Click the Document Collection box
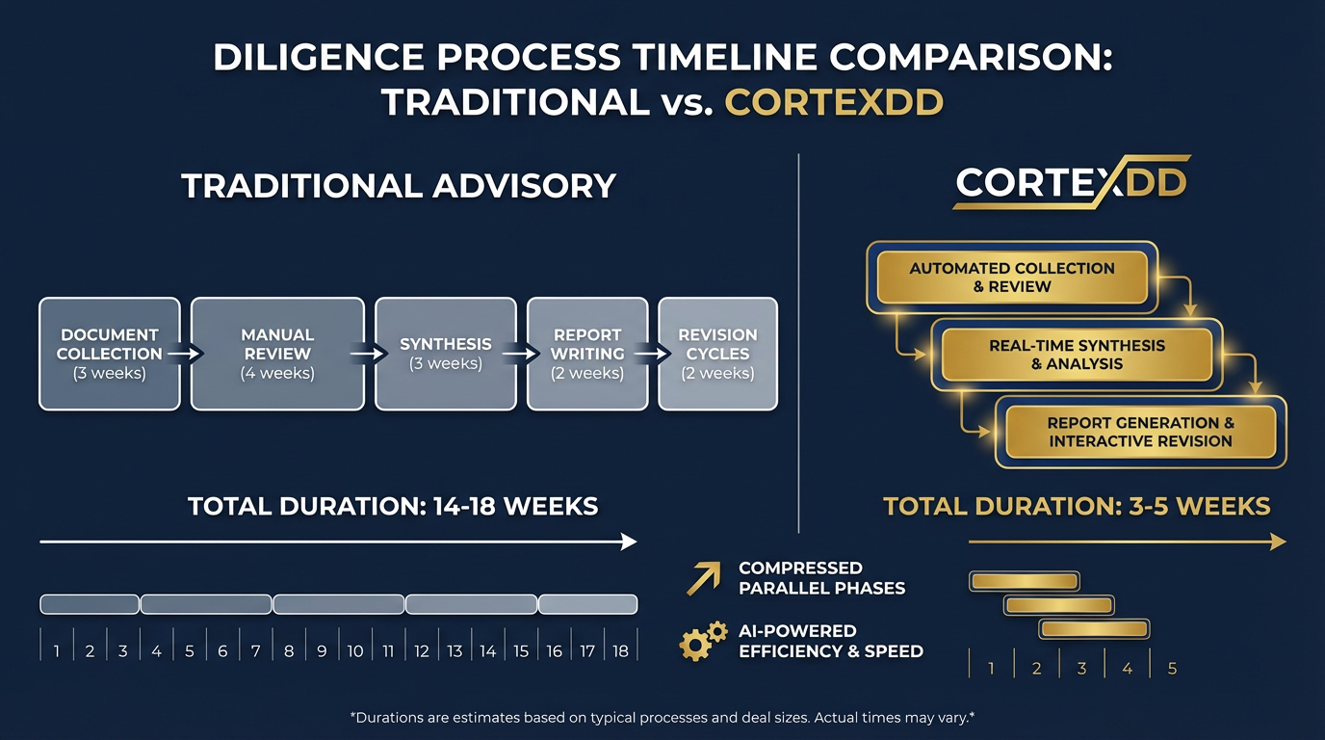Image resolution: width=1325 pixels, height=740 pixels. [x=109, y=354]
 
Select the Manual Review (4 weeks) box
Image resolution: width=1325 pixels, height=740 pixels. [x=277, y=354]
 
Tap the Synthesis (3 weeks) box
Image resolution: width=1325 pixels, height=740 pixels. [x=446, y=354]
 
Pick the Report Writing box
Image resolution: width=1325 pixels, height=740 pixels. [x=587, y=354]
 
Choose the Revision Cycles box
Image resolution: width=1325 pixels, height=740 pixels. [x=717, y=354]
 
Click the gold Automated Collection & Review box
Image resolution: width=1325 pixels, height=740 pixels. [x=1012, y=277]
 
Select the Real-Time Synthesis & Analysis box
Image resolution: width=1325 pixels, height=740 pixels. [x=1077, y=355]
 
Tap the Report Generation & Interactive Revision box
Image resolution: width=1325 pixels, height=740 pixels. [x=1140, y=432]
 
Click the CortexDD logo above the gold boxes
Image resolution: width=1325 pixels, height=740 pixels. [x=1072, y=182]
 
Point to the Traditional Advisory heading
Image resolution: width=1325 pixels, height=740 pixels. [x=399, y=186]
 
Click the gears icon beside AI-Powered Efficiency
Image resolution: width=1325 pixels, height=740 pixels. [x=703, y=641]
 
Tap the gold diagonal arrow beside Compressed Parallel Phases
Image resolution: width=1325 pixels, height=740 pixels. [x=703, y=577]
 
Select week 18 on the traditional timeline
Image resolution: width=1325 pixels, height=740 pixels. [x=620, y=651]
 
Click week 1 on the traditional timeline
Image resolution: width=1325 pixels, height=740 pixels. [x=57, y=651]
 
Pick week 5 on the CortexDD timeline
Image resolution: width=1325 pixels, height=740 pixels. [x=1172, y=669]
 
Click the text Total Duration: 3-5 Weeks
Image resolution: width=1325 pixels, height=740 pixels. [x=1077, y=506]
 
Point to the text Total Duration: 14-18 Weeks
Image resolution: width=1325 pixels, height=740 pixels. [x=393, y=506]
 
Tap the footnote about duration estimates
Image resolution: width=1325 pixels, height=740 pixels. [x=662, y=718]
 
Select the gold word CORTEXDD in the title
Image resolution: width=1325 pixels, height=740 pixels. [x=834, y=101]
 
